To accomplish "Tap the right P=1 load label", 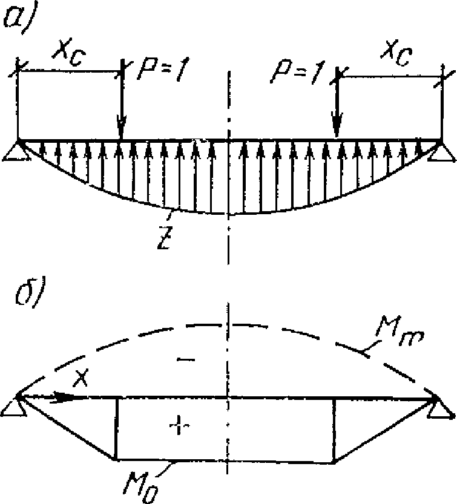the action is click(x=298, y=73).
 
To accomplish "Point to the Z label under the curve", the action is click(x=165, y=237).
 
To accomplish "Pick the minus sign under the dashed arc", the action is click(x=186, y=359).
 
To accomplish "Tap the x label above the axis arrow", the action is click(x=81, y=378).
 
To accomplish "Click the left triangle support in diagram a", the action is click(x=17, y=150).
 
